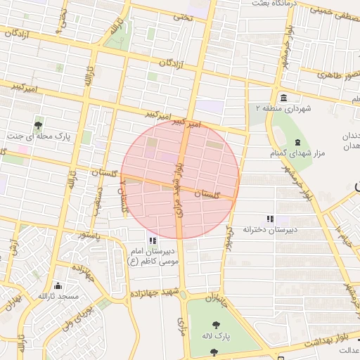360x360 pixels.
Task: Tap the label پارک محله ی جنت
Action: pos(39,135)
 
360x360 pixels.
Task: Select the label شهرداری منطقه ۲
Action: pos(283,109)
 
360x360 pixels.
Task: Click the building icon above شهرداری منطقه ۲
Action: pos(283,98)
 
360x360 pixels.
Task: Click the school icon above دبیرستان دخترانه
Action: pos(270,219)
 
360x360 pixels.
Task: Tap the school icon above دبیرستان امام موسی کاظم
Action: pos(153,240)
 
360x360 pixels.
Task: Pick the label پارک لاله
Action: pos(214,336)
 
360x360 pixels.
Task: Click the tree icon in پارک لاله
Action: pos(214,324)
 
